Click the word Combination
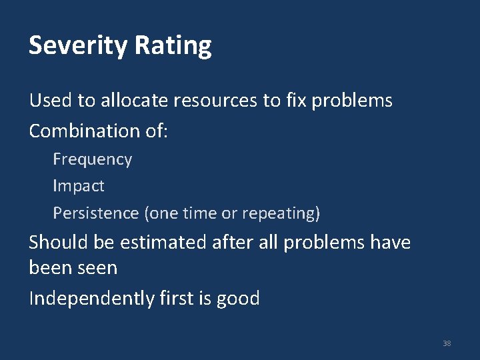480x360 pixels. pyautogui.click(x=85, y=131)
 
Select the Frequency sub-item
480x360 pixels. pyautogui.click(x=92, y=160)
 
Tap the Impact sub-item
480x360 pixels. pyautogui.click(x=79, y=187)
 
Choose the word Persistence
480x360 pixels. pyautogui.click(x=96, y=213)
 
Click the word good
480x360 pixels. pyautogui.click(x=238, y=299)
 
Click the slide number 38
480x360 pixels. pyautogui.click(x=447, y=343)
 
